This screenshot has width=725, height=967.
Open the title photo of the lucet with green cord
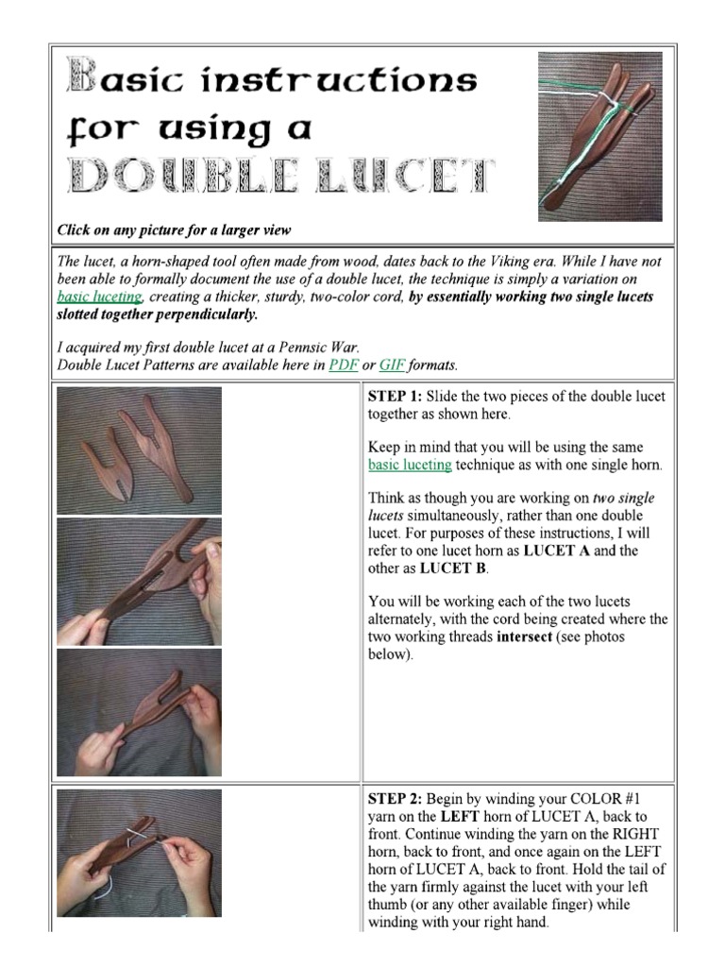[x=600, y=136]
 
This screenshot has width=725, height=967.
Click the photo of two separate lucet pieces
[x=140, y=450]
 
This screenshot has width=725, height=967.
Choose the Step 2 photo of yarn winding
[x=140, y=853]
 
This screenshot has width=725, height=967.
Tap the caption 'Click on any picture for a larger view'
[x=174, y=229]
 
